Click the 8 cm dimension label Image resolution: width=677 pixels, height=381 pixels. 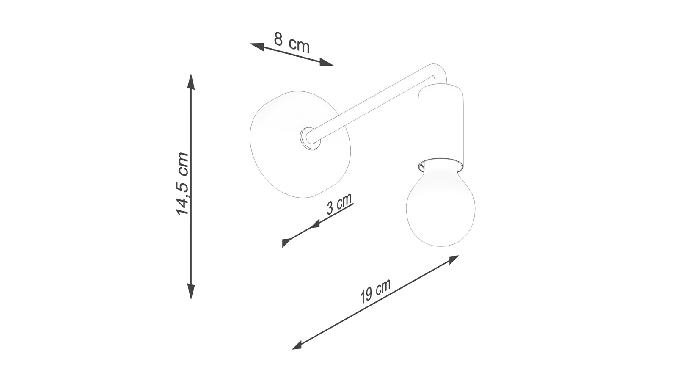click(x=292, y=43)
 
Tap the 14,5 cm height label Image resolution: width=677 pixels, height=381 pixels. click(x=182, y=184)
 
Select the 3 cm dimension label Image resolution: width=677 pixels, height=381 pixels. click(x=339, y=204)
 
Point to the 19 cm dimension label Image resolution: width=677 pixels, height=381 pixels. click(x=375, y=290)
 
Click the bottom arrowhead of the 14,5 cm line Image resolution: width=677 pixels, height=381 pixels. click(x=191, y=291)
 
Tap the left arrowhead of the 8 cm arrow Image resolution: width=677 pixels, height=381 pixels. click(x=257, y=47)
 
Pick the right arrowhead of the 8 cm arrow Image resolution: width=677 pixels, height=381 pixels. click(x=326, y=62)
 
